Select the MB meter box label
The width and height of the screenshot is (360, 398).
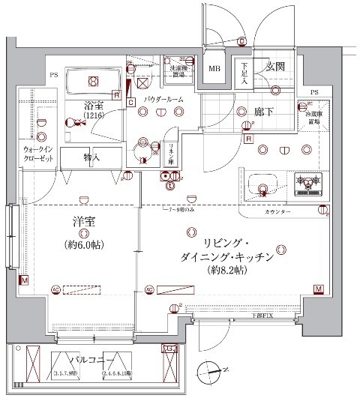click(214, 70)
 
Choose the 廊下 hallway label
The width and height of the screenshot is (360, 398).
click(262, 112)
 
